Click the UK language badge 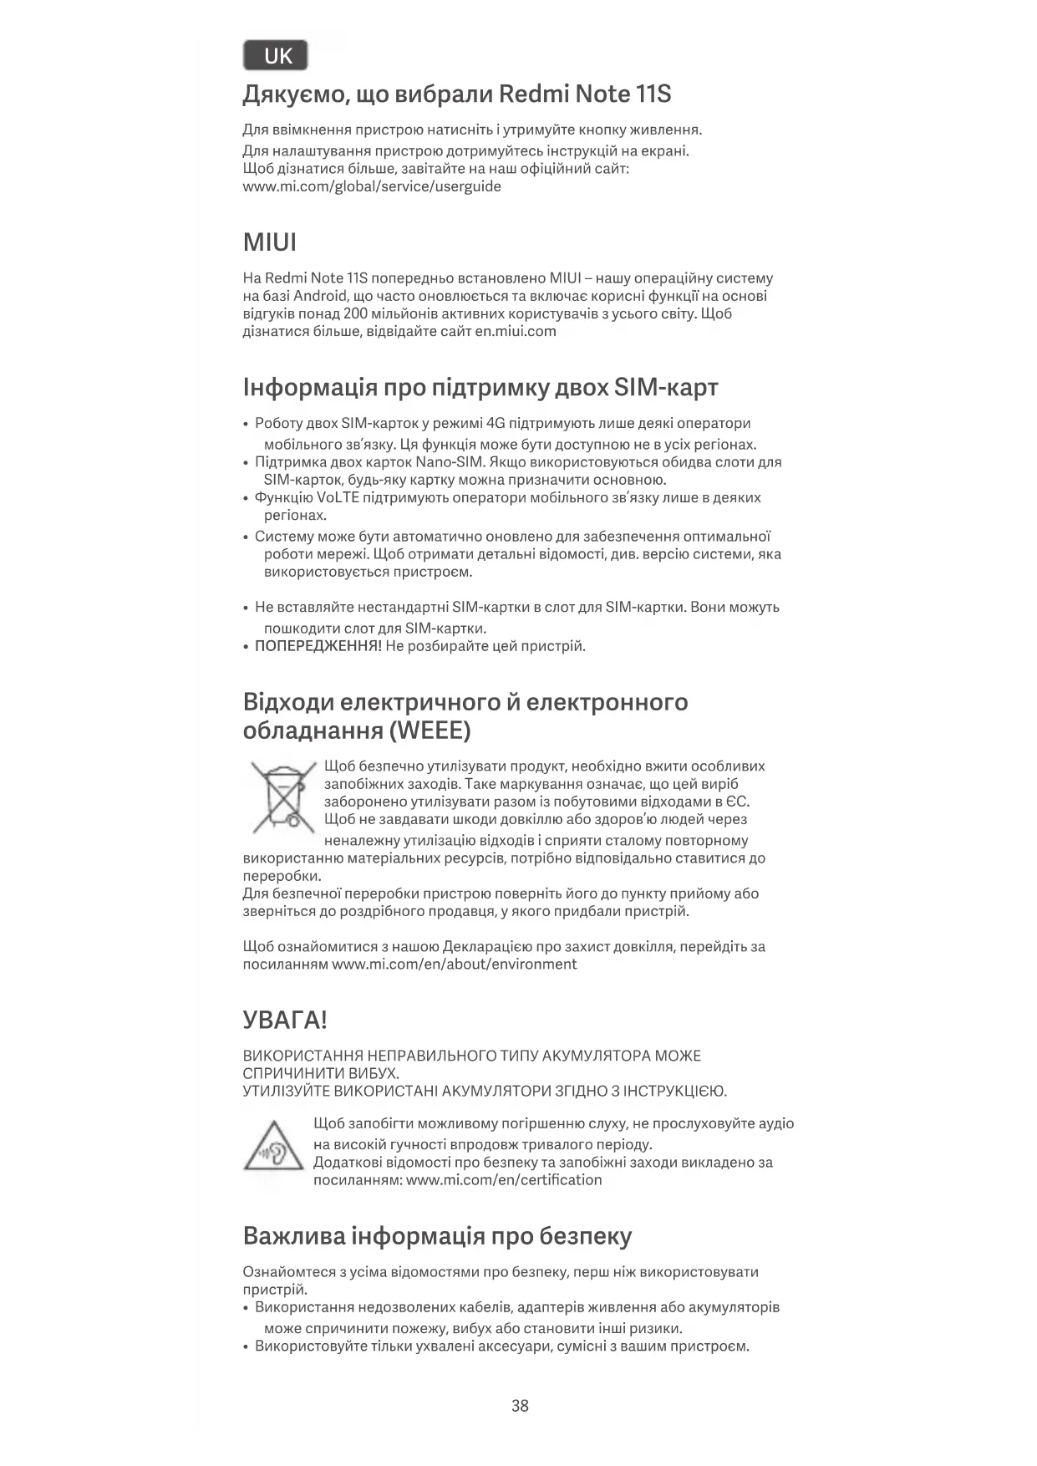click(x=276, y=56)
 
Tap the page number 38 click(x=520, y=1405)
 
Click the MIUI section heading click(x=269, y=243)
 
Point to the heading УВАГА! click(x=284, y=1020)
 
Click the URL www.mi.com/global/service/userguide click(x=372, y=186)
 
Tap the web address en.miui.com click(x=516, y=331)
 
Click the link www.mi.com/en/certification click(x=504, y=1179)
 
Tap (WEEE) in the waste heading click(x=430, y=730)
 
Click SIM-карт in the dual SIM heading click(x=666, y=388)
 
